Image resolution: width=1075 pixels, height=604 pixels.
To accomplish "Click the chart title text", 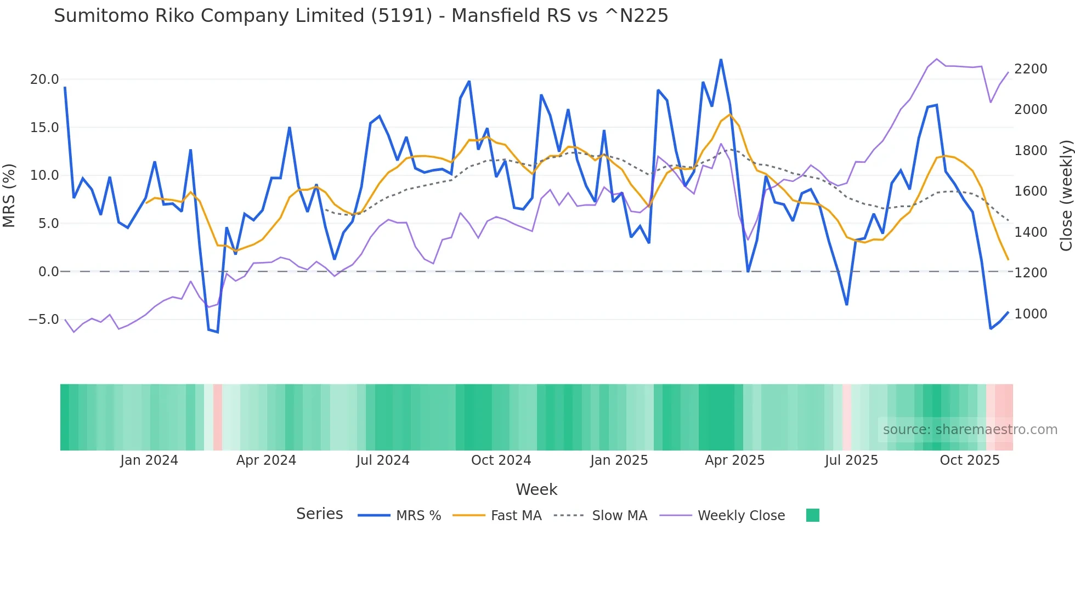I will [x=361, y=16].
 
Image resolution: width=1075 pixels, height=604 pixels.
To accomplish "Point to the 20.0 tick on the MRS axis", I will [x=44, y=79].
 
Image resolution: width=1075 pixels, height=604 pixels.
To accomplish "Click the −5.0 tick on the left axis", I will [x=43, y=320].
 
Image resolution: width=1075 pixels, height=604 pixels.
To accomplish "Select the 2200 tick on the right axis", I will [x=1031, y=69].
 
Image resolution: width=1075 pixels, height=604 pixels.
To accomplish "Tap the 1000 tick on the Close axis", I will [x=1031, y=314].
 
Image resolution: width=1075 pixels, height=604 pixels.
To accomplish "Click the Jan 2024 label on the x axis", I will [x=149, y=460].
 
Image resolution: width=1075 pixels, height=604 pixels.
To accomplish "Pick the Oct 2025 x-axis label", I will [x=970, y=460].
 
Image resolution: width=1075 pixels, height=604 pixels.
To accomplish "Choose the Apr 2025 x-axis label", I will [x=734, y=460].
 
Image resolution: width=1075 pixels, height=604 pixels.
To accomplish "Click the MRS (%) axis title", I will [x=9, y=195].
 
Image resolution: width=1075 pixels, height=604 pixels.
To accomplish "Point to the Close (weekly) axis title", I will [x=1066, y=195].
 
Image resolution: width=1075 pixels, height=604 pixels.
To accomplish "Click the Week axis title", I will [x=536, y=489].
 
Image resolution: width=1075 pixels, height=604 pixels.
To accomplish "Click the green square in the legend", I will [x=813, y=515].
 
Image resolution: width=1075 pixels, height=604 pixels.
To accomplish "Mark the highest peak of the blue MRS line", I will [x=721, y=59].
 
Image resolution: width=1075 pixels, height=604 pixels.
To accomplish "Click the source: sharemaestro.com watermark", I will [x=970, y=430].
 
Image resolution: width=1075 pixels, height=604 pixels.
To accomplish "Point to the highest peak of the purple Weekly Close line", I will [x=937, y=59].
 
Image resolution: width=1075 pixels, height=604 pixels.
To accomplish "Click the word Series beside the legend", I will [x=319, y=514].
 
